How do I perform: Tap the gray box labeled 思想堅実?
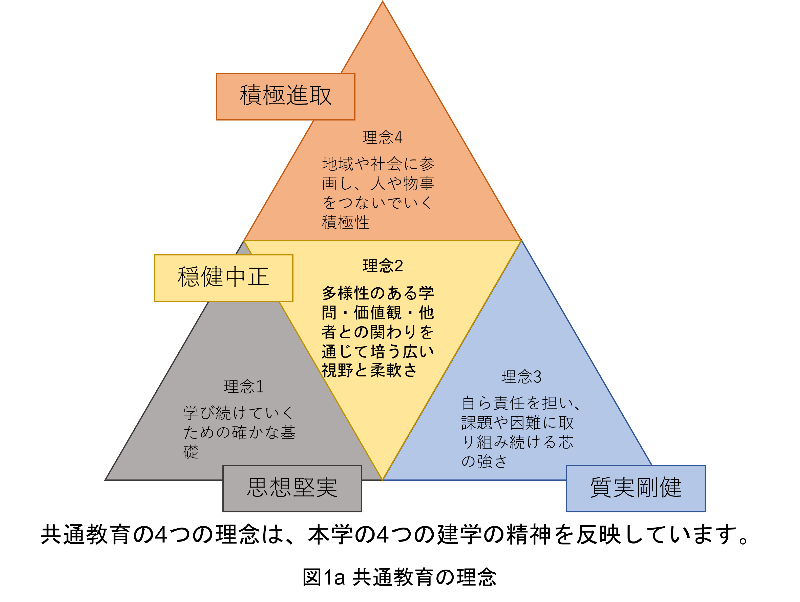(x=292, y=488)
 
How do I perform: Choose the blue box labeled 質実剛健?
(x=636, y=488)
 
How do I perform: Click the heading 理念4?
(x=382, y=138)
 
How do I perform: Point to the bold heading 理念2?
(x=383, y=266)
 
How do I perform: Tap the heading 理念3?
(x=521, y=377)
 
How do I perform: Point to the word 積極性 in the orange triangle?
(x=346, y=222)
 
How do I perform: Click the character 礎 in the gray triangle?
(x=191, y=452)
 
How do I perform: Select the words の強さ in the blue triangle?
(x=484, y=462)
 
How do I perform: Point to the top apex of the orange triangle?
(x=383, y=3)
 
